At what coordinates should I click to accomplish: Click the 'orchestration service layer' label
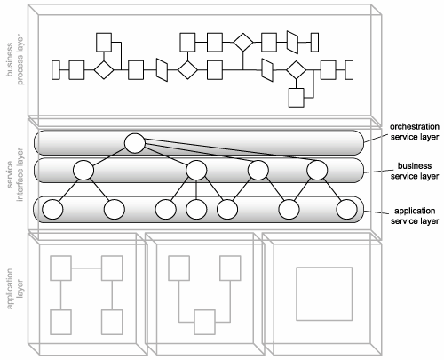click(415, 132)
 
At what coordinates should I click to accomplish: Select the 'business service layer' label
click(415, 171)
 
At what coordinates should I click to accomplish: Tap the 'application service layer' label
click(415, 216)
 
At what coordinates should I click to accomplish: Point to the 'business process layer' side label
click(15, 60)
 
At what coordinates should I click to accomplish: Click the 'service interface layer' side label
click(15, 174)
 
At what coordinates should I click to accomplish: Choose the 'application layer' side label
click(15, 289)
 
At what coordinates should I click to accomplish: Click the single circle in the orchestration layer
click(135, 143)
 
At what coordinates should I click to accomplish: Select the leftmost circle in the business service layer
click(83, 170)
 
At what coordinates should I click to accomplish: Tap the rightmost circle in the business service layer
click(317, 170)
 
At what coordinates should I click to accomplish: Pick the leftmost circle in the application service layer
click(52, 209)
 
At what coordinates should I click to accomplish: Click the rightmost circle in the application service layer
click(347, 209)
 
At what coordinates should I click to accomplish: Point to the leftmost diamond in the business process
click(104, 70)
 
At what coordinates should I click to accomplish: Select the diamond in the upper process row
click(243, 43)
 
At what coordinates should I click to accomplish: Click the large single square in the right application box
click(324, 294)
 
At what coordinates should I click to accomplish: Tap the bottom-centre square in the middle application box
click(204, 322)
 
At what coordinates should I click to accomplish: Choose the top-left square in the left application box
click(61, 268)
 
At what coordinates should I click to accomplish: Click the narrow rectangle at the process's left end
click(56, 70)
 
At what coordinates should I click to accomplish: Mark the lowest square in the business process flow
click(297, 98)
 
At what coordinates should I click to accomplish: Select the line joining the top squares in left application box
click(86, 268)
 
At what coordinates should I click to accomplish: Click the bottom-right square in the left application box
click(112, 322)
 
